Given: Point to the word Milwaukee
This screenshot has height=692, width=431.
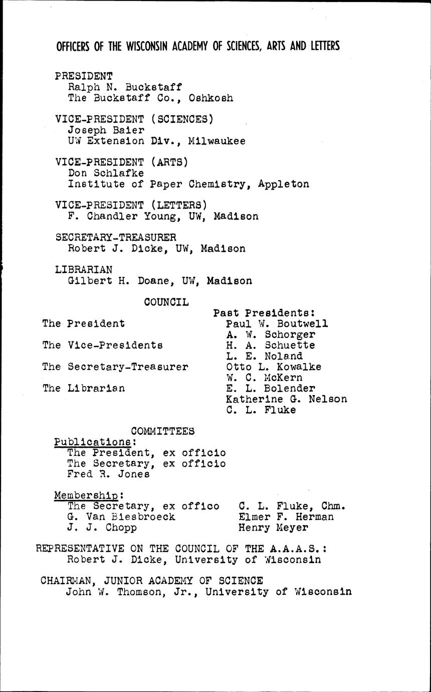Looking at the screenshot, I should pos(217,141).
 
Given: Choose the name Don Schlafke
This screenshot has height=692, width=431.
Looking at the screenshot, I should pos(106,173).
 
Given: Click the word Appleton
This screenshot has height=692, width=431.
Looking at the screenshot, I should pos(284,184).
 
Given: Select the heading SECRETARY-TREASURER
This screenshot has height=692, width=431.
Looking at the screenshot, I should pos(115,237).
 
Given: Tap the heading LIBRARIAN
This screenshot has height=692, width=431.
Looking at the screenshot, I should pos(84,269).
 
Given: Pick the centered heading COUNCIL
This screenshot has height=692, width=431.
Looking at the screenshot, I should pos(166,302).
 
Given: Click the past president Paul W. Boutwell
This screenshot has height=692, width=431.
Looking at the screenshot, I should pos(277,323).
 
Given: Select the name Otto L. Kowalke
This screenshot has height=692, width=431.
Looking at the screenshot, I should pos(274,367).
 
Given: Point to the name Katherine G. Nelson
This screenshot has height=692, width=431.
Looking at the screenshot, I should pos(286,399).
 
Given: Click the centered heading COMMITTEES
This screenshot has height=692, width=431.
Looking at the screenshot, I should pos(163,431).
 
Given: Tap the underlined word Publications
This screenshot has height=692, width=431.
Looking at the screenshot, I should pos(92,442).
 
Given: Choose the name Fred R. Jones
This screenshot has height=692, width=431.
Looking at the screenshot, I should pos(108,474).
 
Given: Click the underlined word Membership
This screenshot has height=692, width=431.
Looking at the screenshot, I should pos(86,495).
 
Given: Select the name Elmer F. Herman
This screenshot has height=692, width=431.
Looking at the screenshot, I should pos(286,516).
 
